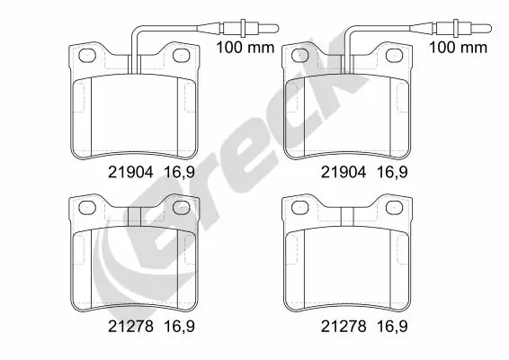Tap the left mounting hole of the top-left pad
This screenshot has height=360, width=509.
pos(88,56)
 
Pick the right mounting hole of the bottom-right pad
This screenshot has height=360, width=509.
pos(397,210)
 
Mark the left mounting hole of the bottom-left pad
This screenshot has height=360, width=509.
pos(88,210)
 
